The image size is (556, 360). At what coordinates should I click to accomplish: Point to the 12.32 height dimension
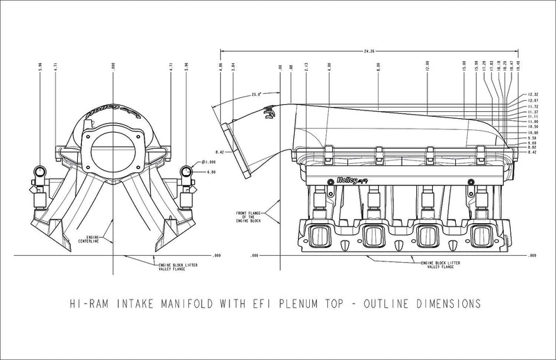[533, 94]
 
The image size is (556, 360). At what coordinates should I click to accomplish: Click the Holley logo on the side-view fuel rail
[350, 179]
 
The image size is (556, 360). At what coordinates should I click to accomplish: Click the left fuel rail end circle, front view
[41, 172]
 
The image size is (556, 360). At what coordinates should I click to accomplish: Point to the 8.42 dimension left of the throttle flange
[219, 151]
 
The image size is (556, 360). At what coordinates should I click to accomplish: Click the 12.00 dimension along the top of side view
[427, 70]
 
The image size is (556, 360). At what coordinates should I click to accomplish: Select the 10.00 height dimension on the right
[533, 132]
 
